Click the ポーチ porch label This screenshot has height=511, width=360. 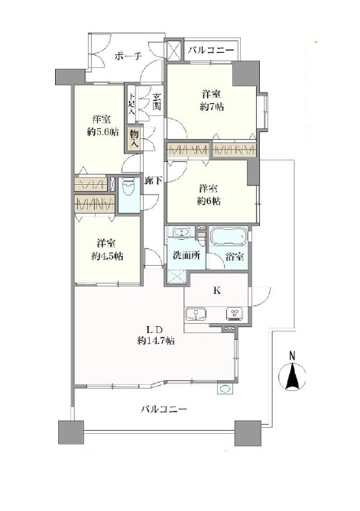click(x=128, y=57)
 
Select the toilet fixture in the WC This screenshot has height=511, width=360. click(x=129, y=188)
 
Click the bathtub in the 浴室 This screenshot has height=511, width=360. click(x=228, y=237)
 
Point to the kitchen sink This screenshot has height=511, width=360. click(x=196, y=315)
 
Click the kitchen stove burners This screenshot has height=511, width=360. click(x=234, y=314)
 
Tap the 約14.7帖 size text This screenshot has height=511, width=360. click(x=156, y=341)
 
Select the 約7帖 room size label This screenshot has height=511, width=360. click(x=212, y=107)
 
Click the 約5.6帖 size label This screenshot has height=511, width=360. click(x=102, y=131)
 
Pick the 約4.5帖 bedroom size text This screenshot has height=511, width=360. click(x=107, y=256)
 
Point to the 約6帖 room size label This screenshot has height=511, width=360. click(x=209, y=201)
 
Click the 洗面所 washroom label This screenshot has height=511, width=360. click(x=186, y=256)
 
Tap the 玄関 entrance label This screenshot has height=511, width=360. click(x=157, y=102)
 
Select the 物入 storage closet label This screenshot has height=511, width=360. click(x=135, y=138)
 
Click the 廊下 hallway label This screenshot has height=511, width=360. click(x=154, y=181)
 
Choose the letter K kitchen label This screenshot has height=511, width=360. click(x=217, y=290)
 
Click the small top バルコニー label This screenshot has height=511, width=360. click(x=211, y=50)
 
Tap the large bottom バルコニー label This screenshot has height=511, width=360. click(x=164, y=409)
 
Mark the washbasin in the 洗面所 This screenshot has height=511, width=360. click(x=181, y=233)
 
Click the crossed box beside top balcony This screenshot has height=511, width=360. click(x=174, y=50)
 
